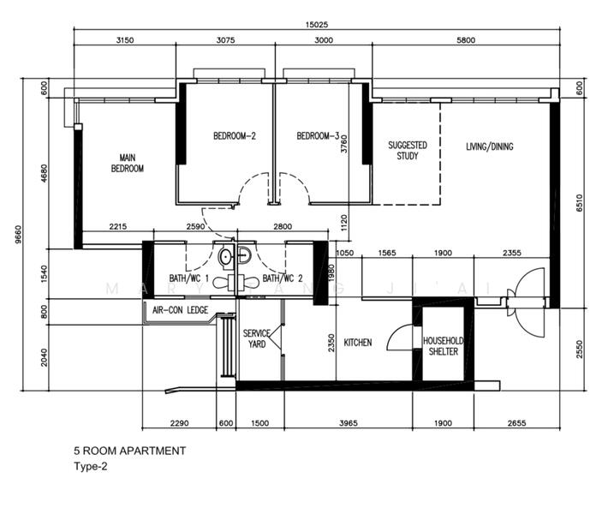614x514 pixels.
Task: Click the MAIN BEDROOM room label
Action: (x=128, y=163)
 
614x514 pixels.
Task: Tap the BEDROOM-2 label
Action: (x=235, y=136)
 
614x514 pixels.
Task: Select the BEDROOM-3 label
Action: (x=318, y=136)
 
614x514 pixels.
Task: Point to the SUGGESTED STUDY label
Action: (x=408, y=151)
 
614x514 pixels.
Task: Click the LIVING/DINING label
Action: (x=490, y=146)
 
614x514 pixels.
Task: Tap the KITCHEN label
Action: (x=358, y=343)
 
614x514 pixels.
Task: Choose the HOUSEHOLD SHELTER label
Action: (x=444, y=346)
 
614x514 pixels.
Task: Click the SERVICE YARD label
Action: (x=257, y=338)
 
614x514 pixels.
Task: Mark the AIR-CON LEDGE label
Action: (x=180, y=310)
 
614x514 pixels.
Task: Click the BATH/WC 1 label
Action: (x=189, y=278)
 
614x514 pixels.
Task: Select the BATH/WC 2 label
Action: (x=283, y=278)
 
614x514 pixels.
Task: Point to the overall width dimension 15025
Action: (x=317, y=25)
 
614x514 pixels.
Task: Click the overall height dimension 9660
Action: (x=18, y=235)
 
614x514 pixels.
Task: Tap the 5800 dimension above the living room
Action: (x=466, y=40)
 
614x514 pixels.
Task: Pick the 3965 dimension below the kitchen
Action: (x=349, y=423)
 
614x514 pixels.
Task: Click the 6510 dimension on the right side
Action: (x=580, y=203)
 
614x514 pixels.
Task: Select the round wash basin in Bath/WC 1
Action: (x=226, y=257)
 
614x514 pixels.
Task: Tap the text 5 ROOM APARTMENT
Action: (x=130, y=451)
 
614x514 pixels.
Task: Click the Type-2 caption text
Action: (x=91, y=467)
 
